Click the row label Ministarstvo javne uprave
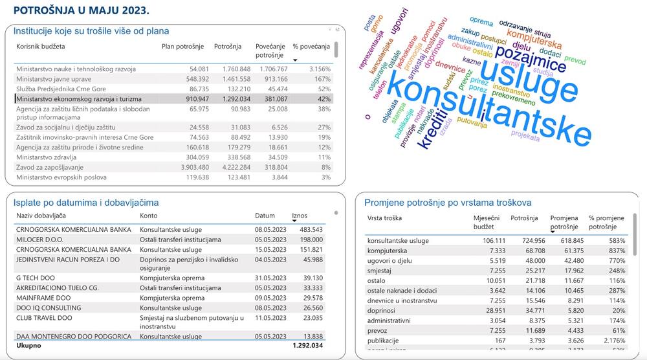[x=57, y=78]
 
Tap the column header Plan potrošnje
[x=182, y=47]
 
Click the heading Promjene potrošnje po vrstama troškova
[x=448, y=203]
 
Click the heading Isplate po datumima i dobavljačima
[x=86, y=203]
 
